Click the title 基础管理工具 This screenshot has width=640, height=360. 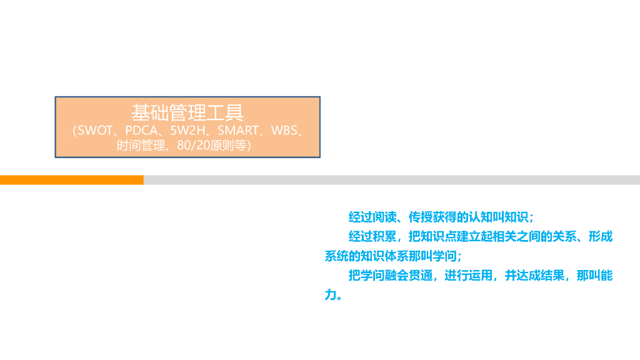click(x=187, y=112)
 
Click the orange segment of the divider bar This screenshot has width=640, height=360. click(x=72, y=180)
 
